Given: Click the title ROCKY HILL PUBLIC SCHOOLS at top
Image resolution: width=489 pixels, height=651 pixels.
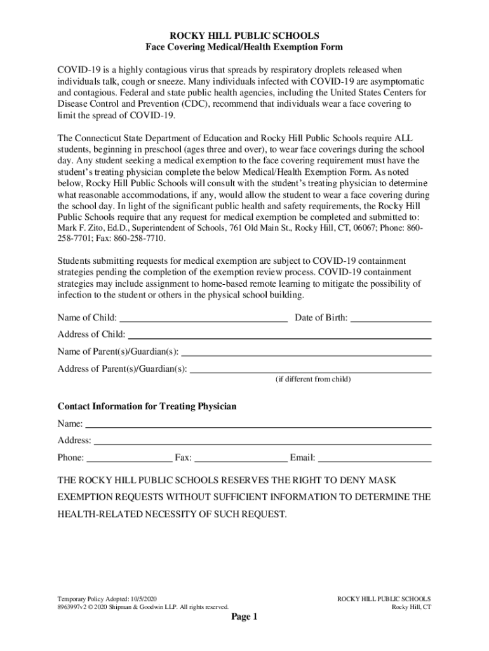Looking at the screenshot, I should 244,36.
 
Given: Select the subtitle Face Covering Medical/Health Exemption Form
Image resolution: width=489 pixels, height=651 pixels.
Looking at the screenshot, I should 244,47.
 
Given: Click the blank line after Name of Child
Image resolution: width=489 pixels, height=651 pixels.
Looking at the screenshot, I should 203,317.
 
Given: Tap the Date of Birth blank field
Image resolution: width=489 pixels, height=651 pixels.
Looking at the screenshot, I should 391,317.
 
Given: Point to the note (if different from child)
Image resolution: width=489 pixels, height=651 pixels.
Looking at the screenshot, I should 312,380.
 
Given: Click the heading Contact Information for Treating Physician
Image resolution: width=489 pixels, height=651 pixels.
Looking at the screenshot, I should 147,406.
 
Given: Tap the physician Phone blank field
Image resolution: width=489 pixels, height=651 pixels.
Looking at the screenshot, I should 129,457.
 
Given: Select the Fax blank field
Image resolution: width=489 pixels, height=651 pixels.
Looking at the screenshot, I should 241,457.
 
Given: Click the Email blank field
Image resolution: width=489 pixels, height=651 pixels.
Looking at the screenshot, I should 375,457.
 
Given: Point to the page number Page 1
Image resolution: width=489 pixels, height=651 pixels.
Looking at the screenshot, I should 244,617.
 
